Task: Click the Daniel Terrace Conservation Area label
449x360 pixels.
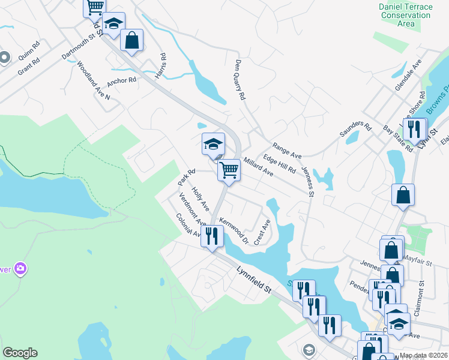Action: coord(406,15)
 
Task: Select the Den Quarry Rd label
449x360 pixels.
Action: coord(241,79)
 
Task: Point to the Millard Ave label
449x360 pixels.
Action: coord(259,167)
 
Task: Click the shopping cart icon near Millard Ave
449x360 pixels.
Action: coord(229,170)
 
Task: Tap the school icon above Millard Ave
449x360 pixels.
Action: coord(213,144)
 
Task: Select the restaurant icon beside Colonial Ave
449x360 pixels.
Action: coord(212,235)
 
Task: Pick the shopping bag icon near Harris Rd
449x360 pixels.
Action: coord(131,40)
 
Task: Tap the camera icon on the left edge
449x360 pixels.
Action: coord(21,268)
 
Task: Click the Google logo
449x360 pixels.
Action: coord(20,353)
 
